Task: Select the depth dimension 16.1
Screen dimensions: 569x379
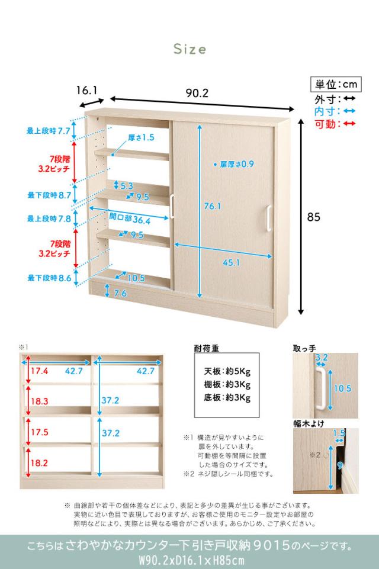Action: tap(86, 91)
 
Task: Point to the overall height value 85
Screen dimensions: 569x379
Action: tap(313, 217)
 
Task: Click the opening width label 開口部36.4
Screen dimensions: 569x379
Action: tap(129, 220)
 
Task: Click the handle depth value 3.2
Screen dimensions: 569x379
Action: tap(322, 358)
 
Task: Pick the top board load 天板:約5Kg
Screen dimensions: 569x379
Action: tap(227, 372)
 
